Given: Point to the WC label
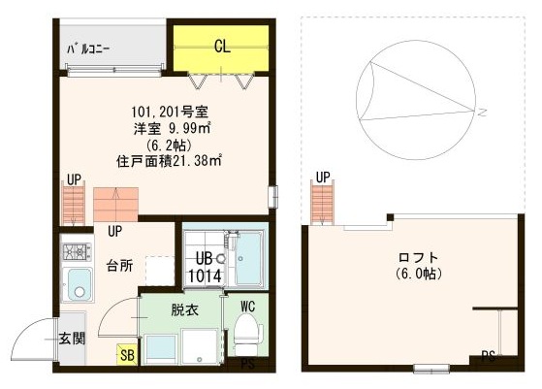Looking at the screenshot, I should pyautogui.click(x=247, y=307).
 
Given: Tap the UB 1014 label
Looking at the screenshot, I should pyautogui.click(x=205, y=267).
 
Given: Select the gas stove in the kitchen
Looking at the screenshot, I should pyautogui.click(x=76, y=253).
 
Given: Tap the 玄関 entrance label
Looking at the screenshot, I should pyautogui.click(x=70, y=339).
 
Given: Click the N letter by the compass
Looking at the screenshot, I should pyautogui.click(x=481, y=113).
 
